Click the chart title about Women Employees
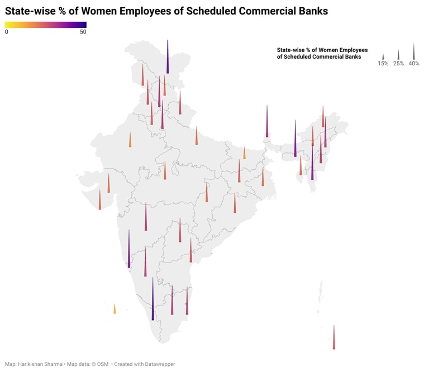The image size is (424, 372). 166,11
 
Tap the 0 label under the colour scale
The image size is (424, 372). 7,32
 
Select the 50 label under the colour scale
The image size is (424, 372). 83,32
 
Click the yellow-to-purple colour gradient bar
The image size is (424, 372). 45,24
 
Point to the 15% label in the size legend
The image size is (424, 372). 383,64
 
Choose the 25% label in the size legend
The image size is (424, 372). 398,64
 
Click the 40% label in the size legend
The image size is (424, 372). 413,64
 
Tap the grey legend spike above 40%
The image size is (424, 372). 413,53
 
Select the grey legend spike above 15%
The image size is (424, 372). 383,57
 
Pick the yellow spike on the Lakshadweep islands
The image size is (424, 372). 115,309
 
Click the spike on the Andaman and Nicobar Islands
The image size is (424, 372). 334,338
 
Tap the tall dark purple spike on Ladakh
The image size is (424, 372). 167,59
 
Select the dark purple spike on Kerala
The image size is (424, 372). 153,302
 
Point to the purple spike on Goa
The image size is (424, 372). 129,251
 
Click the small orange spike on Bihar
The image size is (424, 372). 244,154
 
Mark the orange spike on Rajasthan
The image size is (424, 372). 130,140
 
